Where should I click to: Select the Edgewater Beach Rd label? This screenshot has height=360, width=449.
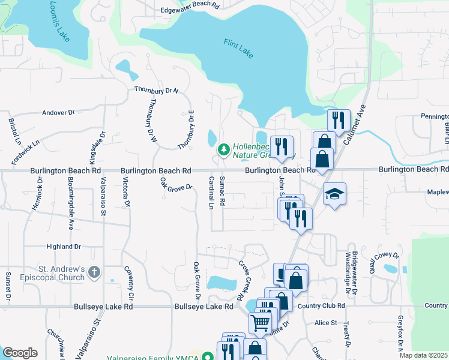[x=190, y=10]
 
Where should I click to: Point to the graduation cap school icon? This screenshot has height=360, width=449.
[x=334, y=194]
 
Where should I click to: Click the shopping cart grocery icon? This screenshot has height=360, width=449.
[x=260, y=323]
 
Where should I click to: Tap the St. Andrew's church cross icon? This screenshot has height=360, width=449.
[x=94, y=272]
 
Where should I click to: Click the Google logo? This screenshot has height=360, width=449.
[x=20, y=353]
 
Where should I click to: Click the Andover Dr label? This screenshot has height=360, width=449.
[x=58, y=112]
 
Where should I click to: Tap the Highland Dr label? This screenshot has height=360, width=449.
[x=64, y=247]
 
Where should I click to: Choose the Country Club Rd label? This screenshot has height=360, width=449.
[x=321, y=305]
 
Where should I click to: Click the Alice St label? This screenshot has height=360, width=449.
[x=326, y=323]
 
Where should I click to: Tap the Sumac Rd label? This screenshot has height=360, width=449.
[x=221, y=191]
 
